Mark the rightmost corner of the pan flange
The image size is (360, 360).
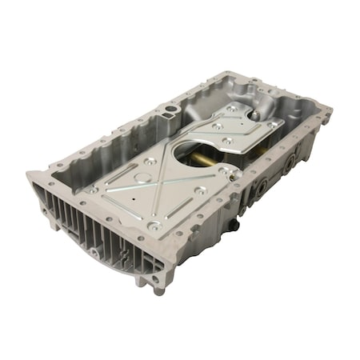pos(330,120)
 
